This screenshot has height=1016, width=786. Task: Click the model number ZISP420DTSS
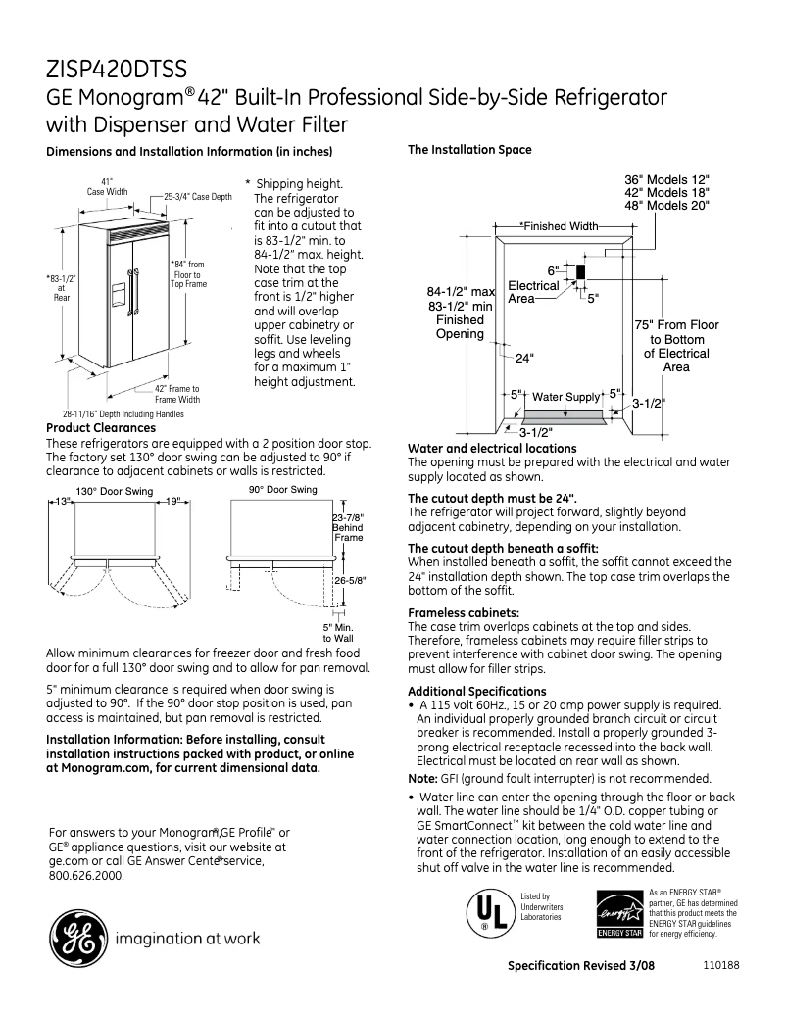[117, 70]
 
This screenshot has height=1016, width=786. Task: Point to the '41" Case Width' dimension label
[107, 186]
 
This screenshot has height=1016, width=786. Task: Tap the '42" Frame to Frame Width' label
[176, 394]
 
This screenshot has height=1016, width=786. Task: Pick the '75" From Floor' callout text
[676, 325]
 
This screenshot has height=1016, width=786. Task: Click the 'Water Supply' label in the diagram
[565, 397]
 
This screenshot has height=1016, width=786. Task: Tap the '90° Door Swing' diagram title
[281, 489]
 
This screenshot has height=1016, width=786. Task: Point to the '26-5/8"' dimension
[349, 580]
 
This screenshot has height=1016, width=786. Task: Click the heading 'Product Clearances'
[101, 428]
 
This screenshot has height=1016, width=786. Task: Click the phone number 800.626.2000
[86, 876]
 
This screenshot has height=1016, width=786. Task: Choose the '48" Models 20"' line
[667, 206]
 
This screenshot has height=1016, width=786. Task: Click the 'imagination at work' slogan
[188, 939]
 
